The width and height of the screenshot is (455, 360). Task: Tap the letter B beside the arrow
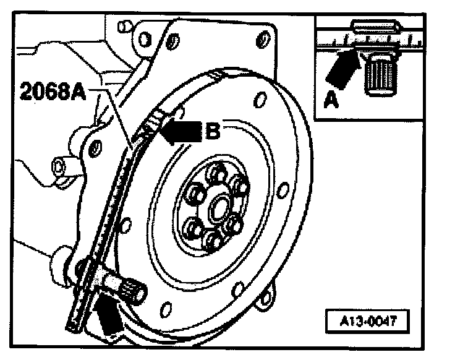click(212, 131)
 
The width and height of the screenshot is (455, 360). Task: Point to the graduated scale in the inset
click(368, 41)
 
